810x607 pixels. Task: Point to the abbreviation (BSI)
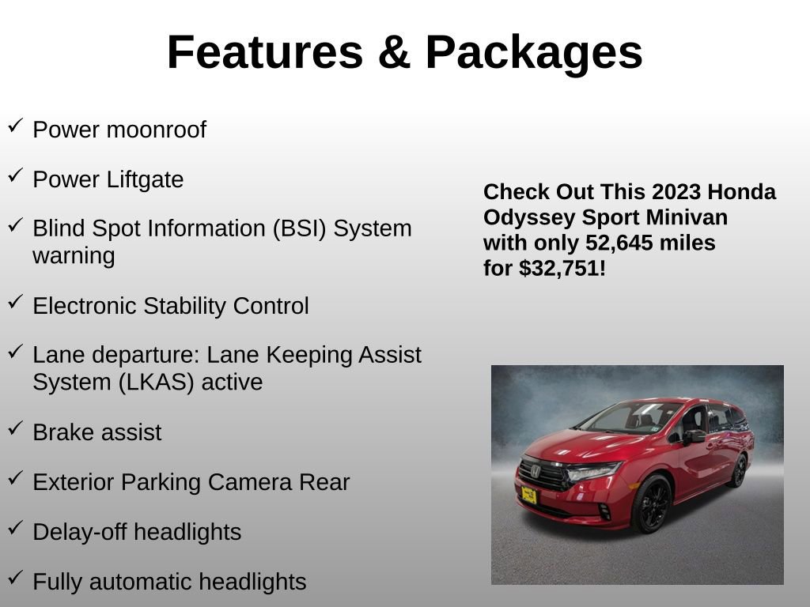[300, 228]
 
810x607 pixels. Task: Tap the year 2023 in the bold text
[677, 192]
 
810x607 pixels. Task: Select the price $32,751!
[562, 268]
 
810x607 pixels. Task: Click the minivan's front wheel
[652, 504]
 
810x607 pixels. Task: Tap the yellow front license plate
[529, 496]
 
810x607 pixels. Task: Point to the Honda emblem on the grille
[536, 472]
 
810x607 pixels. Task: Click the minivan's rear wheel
[740, 470]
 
